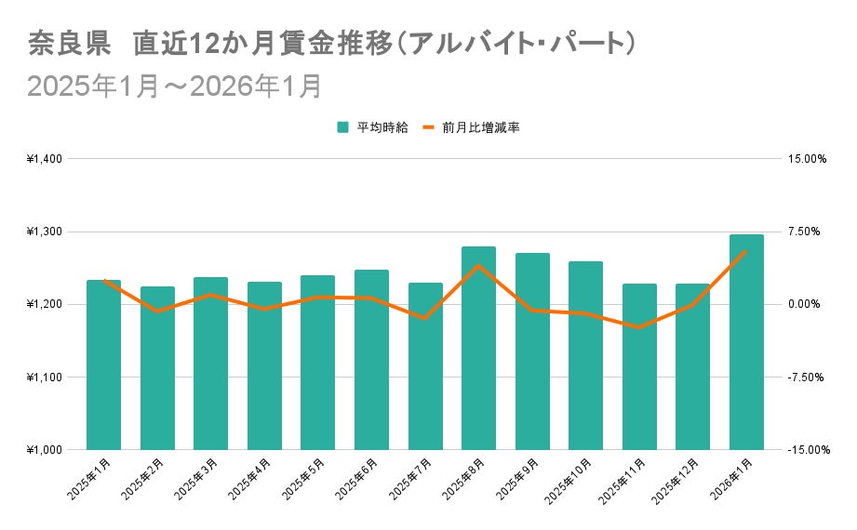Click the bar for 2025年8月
click(478, 349)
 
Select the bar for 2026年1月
click(746, 342)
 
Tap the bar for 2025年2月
click(157, 368)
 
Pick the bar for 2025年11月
click(639, 367)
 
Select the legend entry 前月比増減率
click(477, 127)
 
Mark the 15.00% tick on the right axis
click(807, 159)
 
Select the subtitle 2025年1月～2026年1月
click(174, 86)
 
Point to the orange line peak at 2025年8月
click(478, 266)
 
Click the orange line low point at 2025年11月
click(639, 327)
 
